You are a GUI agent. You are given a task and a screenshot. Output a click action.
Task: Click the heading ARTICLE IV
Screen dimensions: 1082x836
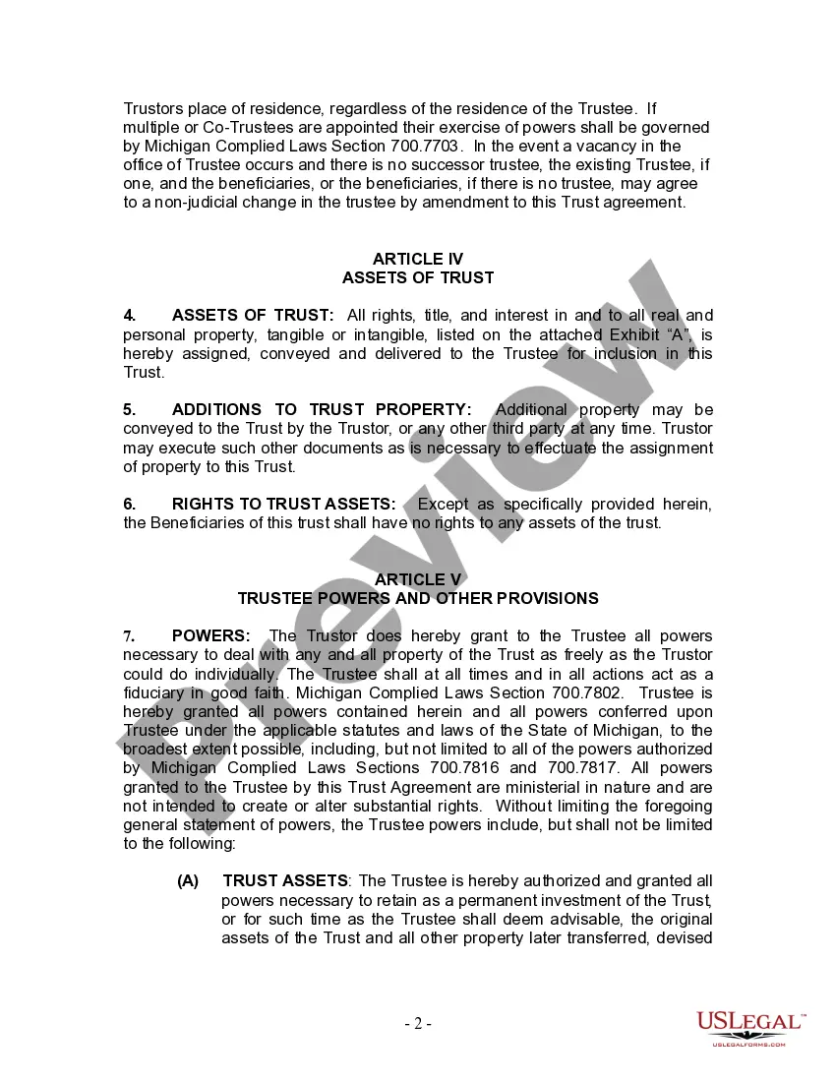(x=418, y=259)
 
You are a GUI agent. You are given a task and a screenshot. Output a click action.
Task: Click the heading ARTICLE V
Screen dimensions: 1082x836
(x=418, y=579)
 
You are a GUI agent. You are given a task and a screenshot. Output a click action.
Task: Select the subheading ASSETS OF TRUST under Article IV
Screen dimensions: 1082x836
(x=418, y=277)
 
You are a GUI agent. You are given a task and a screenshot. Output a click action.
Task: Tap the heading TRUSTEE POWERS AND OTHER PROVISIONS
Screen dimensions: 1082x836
(x=418, y=598)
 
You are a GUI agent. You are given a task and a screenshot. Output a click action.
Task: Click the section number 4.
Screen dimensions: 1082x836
(x=130, y=315)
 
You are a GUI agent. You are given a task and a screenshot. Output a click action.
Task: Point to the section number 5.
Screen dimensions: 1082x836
(x=130, y=409)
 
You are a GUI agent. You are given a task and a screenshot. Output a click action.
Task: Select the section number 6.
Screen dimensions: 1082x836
(x=130, y=504)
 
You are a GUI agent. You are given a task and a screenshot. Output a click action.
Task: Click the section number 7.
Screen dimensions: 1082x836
(x=129, y=636)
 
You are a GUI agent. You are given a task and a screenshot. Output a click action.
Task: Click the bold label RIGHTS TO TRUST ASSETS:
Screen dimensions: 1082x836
(x=284, y=504)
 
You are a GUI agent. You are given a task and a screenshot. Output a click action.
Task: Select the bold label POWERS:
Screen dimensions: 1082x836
(x=211, y=636)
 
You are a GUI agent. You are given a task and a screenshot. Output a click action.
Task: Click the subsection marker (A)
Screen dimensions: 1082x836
(x=188, y=881)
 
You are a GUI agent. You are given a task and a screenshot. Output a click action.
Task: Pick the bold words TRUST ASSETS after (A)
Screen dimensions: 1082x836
(x=285, y=881)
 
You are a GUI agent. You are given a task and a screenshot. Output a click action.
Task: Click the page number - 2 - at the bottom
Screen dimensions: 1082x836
(x=418, y=1023)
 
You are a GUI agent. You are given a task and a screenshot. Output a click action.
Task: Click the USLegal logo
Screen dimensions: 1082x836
(x=750, y=1026)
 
